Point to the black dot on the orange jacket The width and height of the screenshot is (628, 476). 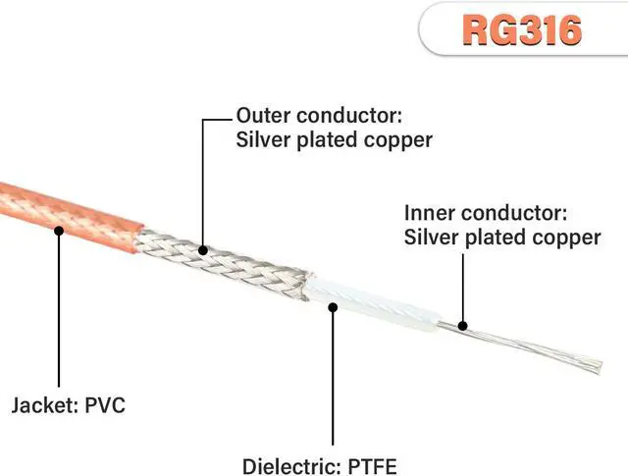coord(59,232)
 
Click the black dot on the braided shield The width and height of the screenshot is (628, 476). coord(203,249)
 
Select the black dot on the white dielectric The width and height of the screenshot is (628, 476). coord(334,307)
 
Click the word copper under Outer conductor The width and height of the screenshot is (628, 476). coord(397,139)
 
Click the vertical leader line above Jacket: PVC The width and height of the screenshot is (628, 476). coord(59,314)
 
